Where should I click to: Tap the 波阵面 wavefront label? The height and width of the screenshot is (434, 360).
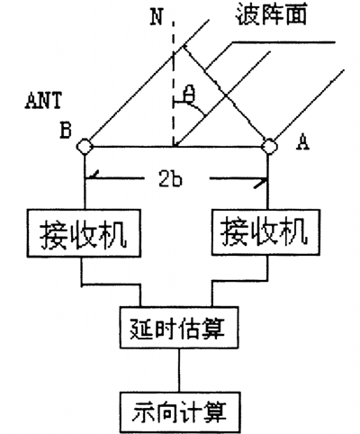271,15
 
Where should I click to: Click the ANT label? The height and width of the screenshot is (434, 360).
43,101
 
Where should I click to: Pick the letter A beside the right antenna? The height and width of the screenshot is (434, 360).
302,142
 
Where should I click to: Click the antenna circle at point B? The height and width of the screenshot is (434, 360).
85,146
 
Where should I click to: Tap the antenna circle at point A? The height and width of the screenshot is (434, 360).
269,146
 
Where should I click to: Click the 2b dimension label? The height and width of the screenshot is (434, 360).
170,179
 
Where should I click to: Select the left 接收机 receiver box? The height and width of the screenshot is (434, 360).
84,233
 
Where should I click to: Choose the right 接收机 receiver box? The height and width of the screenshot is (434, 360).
265,232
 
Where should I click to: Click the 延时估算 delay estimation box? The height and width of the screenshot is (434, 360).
179,328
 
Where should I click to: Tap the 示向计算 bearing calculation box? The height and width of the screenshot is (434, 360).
180,412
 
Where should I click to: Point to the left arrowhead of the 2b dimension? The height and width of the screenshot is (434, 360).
91,176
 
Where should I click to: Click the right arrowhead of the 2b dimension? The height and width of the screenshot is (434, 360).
262,182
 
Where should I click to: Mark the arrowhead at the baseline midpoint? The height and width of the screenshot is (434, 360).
177,143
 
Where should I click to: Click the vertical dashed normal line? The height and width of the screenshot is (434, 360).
173,84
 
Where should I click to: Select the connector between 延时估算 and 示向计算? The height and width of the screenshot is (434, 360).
179,370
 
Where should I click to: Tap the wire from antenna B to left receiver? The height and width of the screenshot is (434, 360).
85,182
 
